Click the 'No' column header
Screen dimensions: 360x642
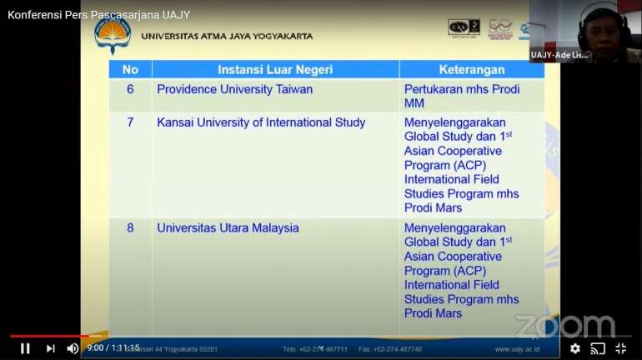(x=130, y=69)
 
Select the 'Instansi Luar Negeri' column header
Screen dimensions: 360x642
(x=274, y=69)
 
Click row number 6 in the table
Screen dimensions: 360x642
(x=130, y=89)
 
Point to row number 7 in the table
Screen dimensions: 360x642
(x=130, y=122)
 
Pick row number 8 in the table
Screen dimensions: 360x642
(x=130, y=227)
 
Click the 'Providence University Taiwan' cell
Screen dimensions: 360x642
(x=235, y=89)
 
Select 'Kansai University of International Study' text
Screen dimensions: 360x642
(x=261, y=122)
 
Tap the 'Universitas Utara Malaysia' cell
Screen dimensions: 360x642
(x=228, y=227)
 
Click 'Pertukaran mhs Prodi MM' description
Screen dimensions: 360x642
(x=461, y=96)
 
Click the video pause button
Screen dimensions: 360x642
(x=25, y=348)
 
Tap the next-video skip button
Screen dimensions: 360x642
(x=50, y=348)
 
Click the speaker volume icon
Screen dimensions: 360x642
(x=73, y=348)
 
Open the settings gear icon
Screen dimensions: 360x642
(x=575, y=348)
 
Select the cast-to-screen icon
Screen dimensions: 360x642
(x=598, y=348)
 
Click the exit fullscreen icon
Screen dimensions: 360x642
(x=620, y=348)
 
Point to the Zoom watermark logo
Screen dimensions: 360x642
(x=564, y=325)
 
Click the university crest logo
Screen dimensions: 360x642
(x=113, y=34)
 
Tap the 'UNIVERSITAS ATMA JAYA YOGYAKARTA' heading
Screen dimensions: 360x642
(x=227, y=37)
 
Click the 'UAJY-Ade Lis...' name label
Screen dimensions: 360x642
(x=559, y=55)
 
